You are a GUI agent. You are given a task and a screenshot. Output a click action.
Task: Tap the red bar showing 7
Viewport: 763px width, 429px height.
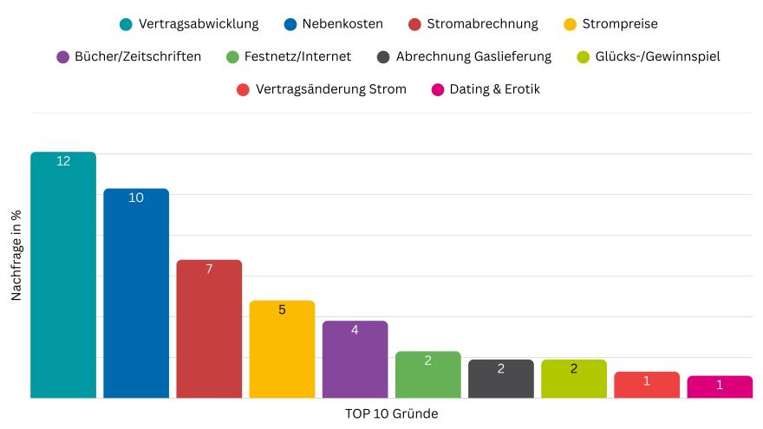[209, 328]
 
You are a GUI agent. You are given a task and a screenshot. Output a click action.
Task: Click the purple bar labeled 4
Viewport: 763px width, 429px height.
[355, 360]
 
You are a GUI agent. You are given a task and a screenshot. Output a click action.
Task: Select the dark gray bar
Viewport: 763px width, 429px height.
[500, 379]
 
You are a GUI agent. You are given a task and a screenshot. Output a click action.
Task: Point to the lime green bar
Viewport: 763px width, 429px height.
[573, 379]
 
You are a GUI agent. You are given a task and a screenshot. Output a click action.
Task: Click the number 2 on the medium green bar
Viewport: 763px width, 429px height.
[427, 361]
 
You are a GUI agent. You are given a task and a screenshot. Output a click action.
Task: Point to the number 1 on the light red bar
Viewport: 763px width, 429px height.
[646, 381]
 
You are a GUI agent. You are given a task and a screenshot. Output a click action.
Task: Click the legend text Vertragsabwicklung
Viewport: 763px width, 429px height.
[199, 23]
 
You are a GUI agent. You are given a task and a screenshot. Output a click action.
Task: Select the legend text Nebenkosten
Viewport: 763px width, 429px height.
[342, 23]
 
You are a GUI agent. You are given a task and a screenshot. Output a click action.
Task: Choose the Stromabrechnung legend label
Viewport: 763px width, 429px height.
[482, 23]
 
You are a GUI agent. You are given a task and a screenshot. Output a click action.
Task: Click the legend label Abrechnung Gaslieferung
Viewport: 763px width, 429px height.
[473, 56]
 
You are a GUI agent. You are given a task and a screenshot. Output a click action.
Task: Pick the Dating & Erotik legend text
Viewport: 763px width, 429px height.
[494, 89]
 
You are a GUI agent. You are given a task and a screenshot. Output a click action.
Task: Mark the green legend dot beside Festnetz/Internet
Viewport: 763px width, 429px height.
[232, 57]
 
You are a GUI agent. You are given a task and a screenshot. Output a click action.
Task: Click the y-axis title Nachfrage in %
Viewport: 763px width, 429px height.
[16, 256]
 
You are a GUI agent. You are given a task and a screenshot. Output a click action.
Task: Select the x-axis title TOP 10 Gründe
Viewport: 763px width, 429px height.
[391, 413]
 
